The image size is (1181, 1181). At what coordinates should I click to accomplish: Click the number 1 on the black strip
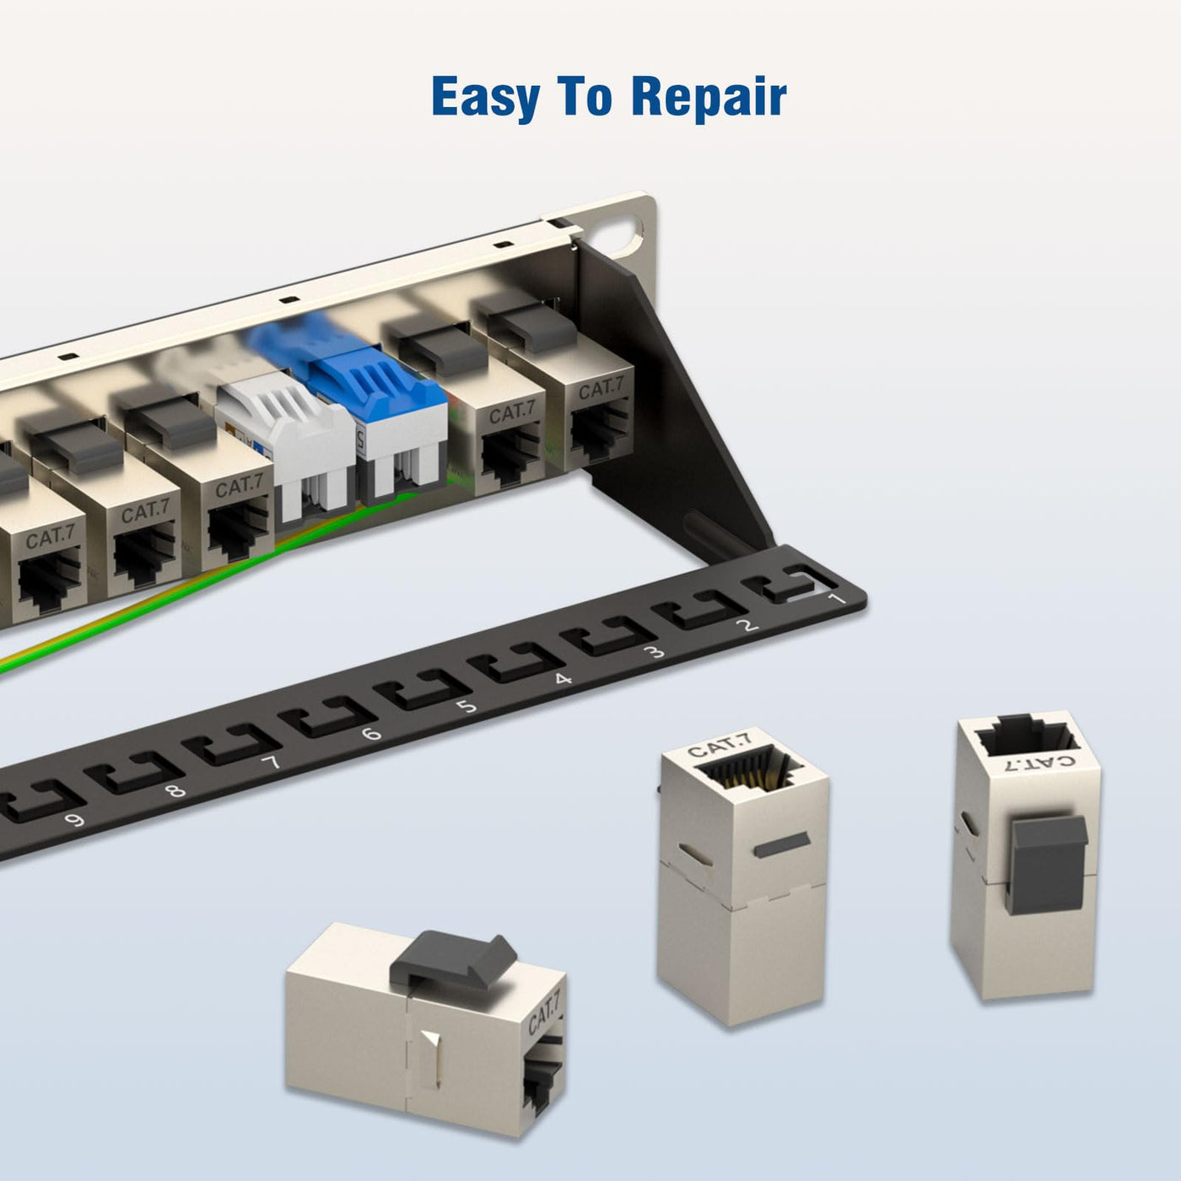(836, 600)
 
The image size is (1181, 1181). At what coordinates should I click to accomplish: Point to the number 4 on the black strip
(563, 678)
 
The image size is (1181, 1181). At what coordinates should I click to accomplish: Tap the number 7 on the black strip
(270, 763)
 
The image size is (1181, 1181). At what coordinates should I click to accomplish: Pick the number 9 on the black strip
(74, 819)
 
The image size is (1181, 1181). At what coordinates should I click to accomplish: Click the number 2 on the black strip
(747, 625)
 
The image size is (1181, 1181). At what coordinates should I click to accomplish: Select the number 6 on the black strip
(371, 733)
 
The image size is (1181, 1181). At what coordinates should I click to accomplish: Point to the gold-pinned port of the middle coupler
(744, 774)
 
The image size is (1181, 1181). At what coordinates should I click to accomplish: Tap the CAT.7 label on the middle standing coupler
(718, 745)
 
